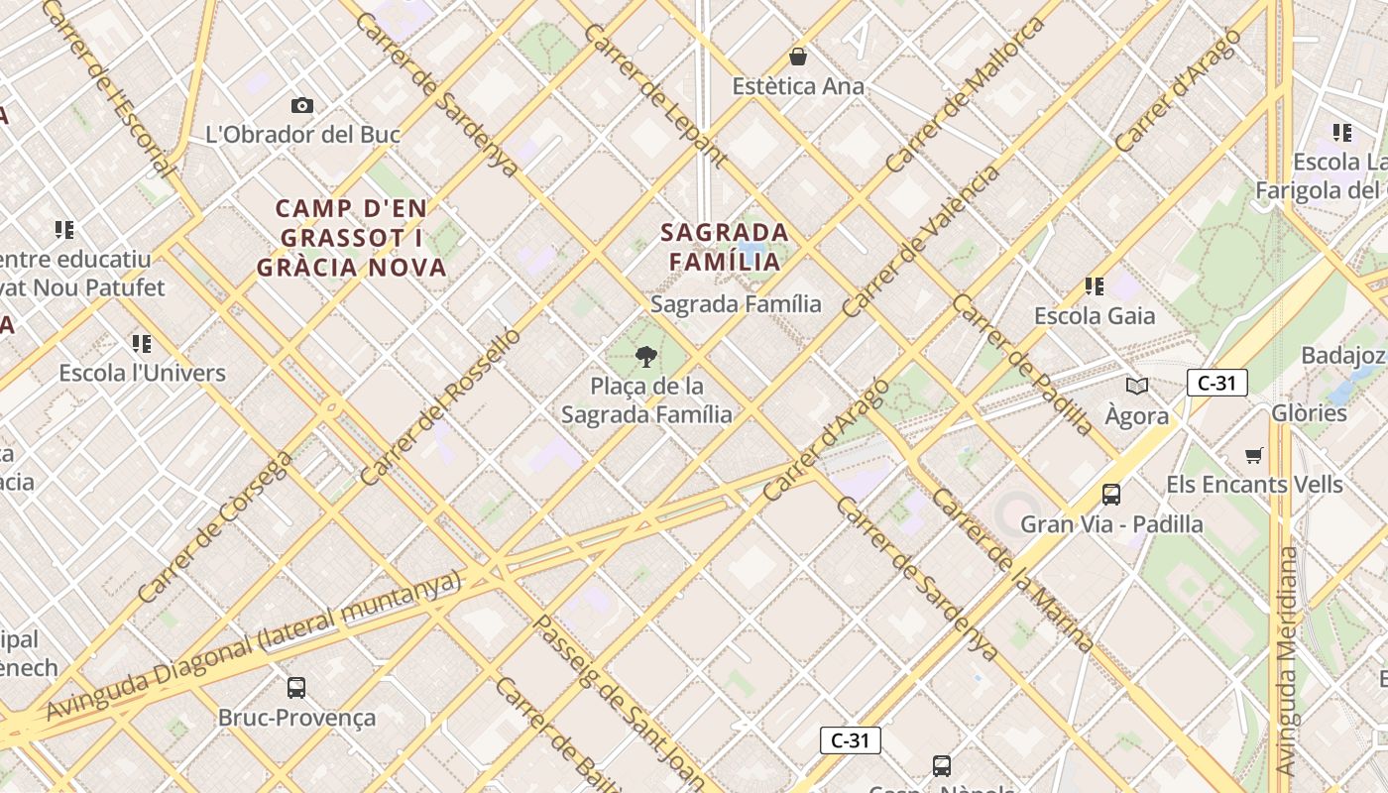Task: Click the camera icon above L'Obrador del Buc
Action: coord(302,105)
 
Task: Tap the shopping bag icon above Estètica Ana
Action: coord(798,57)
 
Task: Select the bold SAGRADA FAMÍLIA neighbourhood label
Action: coord(725,247)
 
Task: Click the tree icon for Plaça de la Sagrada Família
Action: coord(646,356)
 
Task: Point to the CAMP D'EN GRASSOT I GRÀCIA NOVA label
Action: coord(352,238)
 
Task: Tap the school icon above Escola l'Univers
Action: coord(142,344)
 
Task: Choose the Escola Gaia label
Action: coord(1095,316)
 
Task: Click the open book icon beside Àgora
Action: coord(1136,386)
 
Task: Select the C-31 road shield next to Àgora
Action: coord(1216,383)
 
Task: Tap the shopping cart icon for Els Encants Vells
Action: coord(1254,456)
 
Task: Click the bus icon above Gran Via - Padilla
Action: coord(1111,494)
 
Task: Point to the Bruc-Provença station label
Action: coord(296,717)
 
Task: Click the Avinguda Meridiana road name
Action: coord(1286,660)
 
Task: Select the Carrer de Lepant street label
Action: coord(655,95)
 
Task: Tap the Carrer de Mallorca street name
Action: coord(966,94)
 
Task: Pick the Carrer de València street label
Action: coord(922,241)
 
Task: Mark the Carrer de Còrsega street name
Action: coord(215,527)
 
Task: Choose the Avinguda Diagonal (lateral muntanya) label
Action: coord(254,644)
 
